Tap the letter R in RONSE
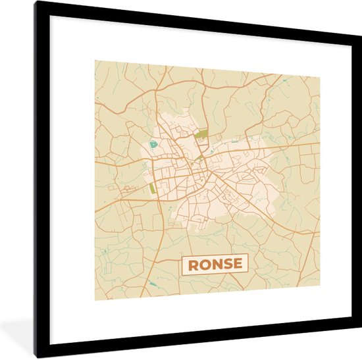click(x=194, y=264)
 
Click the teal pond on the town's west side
click(x=153, y=143)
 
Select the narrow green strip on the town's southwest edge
click(x=153, y=187)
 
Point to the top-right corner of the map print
click(x=320, y=77)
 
